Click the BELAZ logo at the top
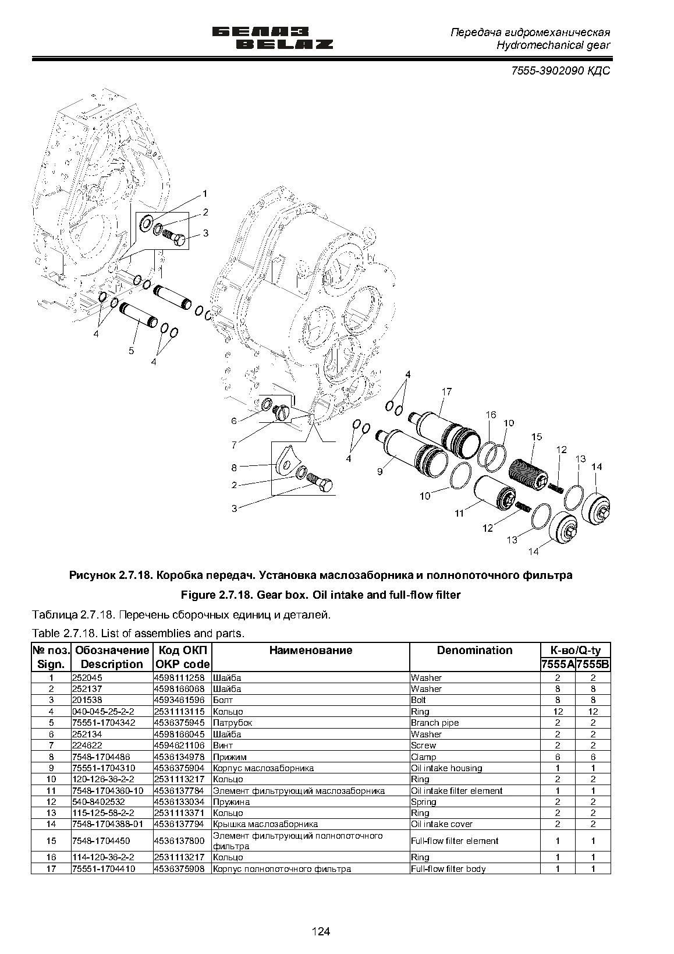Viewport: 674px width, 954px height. [272, 38]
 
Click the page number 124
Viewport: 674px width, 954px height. [321, 931]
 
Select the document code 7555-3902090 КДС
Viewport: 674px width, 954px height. [561, 70]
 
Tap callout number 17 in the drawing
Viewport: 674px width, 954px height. [446, 391]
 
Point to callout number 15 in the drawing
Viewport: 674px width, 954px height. [537, 437]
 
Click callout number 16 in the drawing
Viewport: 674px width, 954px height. [491, 415]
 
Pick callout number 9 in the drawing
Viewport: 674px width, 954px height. [380, 471]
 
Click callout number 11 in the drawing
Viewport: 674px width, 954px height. [459, 514]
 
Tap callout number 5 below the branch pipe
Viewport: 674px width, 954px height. [132, 351]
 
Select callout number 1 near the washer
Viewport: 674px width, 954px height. [205, 194]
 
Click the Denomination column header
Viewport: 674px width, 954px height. [474, 650]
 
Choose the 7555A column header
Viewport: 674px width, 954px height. [558, 665]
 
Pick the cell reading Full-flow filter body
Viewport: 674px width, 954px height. [448, 869]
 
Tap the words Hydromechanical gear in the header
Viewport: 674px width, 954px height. [553, 45]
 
